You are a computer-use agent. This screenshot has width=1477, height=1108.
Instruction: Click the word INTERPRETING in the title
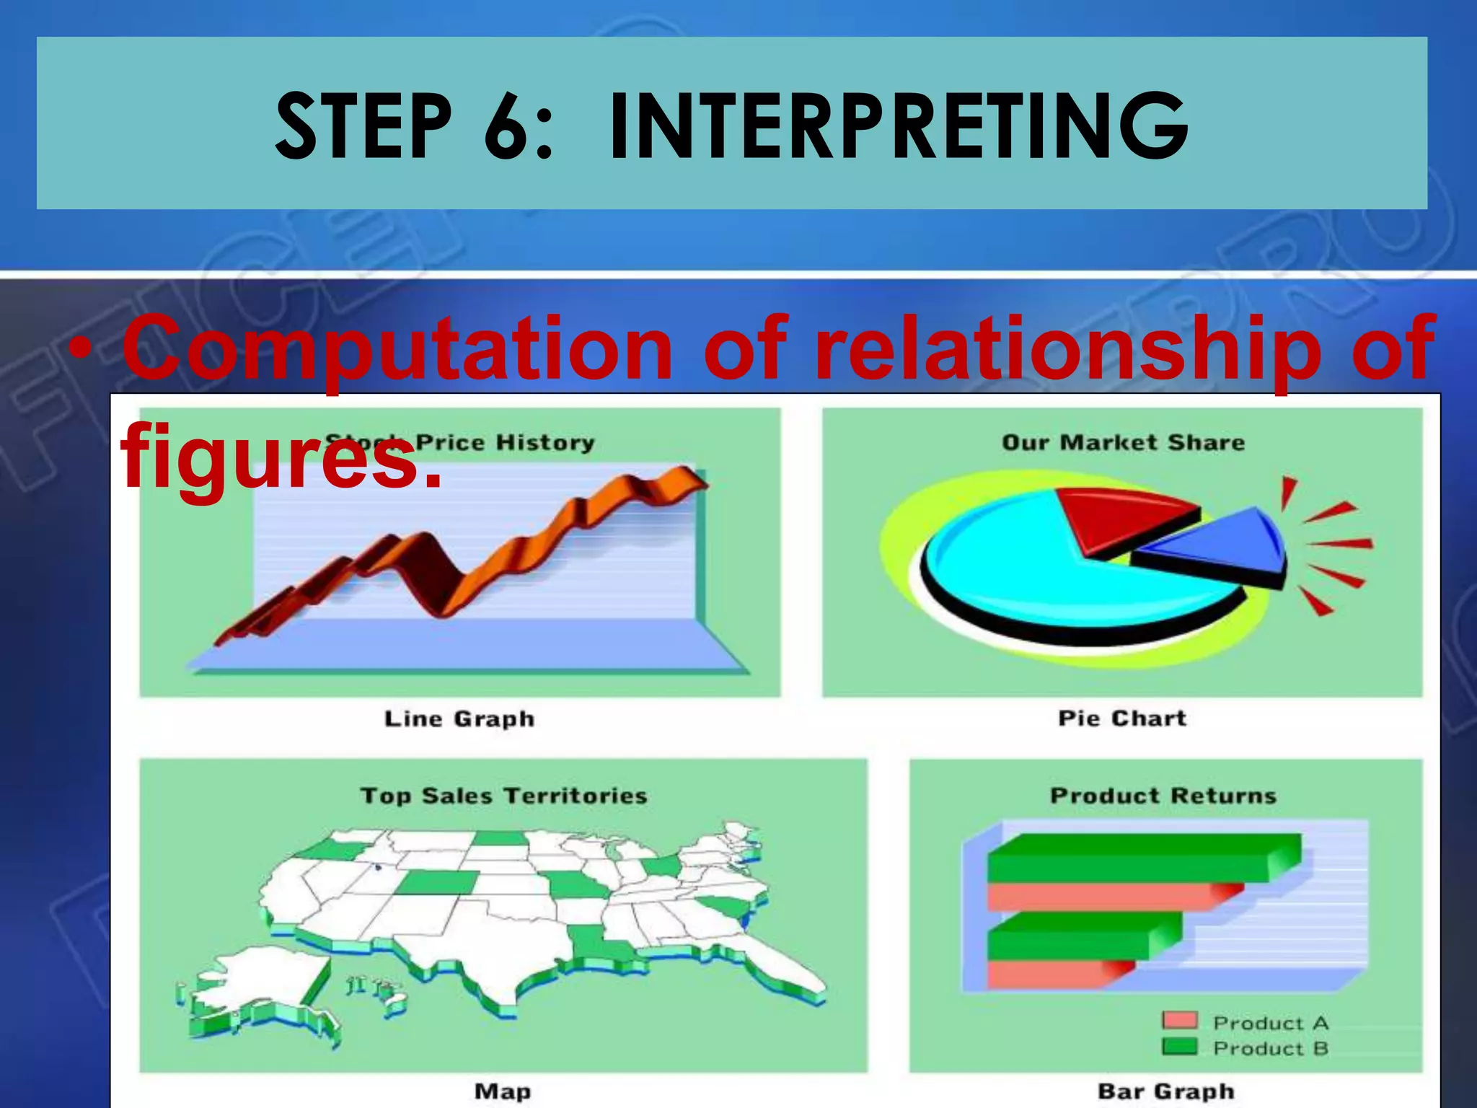[898, 128]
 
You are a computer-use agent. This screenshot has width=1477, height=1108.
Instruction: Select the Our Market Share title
[1123, 442]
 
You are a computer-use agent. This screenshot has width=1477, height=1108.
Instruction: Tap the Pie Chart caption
[1121, 718]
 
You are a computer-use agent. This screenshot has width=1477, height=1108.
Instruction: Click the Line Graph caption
[459, 718]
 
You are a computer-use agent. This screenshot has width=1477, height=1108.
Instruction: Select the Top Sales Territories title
[503, 796]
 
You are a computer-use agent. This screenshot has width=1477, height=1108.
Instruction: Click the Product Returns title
[1163, 796]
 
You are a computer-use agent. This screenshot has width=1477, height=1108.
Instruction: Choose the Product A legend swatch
[1179, 1021]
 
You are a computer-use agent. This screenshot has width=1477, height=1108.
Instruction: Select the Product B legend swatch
[1179, 1047]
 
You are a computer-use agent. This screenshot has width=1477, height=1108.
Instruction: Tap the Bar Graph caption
[1165, 1091]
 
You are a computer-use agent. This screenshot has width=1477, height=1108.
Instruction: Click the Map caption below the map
[503, 1091]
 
